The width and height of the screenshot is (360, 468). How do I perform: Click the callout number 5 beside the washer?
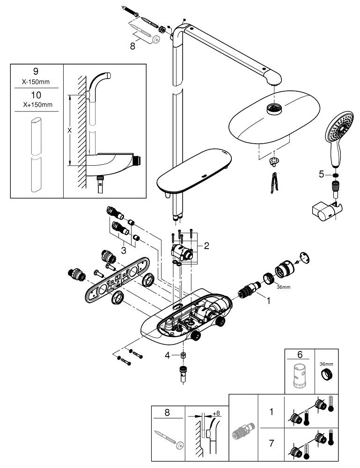(321, 174)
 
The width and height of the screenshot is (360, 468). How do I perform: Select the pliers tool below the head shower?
(272, 183)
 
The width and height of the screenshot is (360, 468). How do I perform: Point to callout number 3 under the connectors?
(123, 250)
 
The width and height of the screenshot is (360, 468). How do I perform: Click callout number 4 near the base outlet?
(167, 355)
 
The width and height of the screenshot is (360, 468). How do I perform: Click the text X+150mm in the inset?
(36, 104)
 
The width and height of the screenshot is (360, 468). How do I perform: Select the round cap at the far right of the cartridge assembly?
(304, 256)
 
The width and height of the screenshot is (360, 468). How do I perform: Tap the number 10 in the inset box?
(36, 95)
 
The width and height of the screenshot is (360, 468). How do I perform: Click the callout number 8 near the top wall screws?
(133, 46)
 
